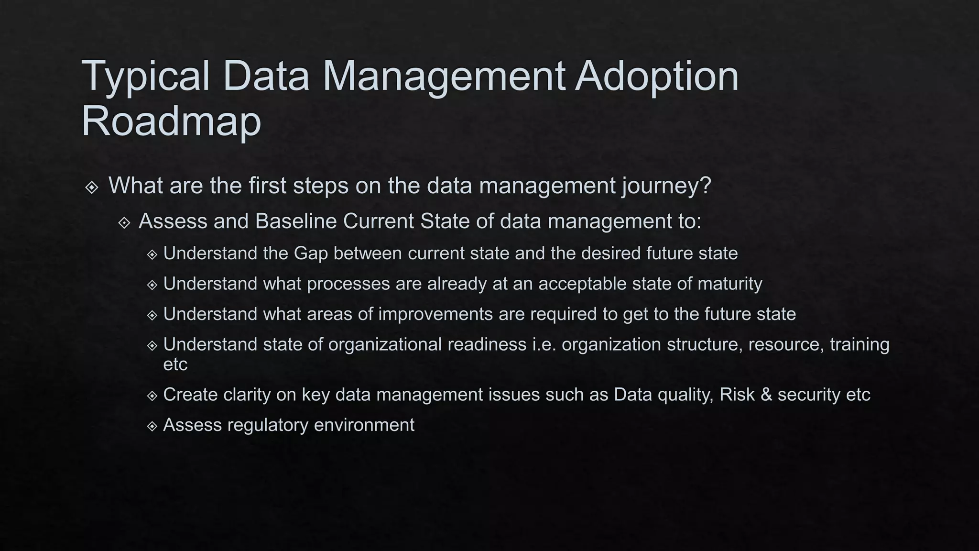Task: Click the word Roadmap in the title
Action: (171, 121)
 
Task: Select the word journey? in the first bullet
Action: (666, 186)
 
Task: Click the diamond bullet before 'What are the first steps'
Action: (92, 187)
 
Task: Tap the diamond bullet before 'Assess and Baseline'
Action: (124, 223)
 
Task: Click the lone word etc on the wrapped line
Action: (175, 364)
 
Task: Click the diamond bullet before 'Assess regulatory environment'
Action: (152, 426)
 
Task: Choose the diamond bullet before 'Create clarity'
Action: (152, 396)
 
